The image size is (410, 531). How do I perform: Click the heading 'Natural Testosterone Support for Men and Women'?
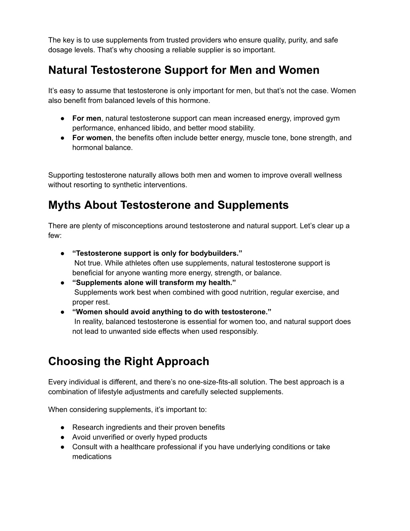click(x=184, y=70)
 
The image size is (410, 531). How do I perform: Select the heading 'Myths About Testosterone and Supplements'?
click(x=168, y=205)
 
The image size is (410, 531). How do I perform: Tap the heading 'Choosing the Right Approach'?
click(x=129, y=361)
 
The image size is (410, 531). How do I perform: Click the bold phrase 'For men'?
click(x=86, y=118)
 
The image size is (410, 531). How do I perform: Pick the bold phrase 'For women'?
click(x=92, y=138)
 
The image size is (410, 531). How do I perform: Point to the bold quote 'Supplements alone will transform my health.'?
click(x=154, y=283)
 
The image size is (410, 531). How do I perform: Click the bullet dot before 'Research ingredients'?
click(x=63, y=428)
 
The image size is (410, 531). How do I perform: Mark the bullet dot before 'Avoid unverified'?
click(x=63, y=437)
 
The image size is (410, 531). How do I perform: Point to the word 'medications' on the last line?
click(x=92, y=457)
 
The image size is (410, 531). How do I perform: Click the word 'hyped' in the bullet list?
click(x=175, y=437)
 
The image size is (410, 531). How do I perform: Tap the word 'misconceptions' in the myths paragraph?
click(x=140, y=226)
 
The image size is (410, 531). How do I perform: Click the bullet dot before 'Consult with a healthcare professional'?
click(x=63, y=447)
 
